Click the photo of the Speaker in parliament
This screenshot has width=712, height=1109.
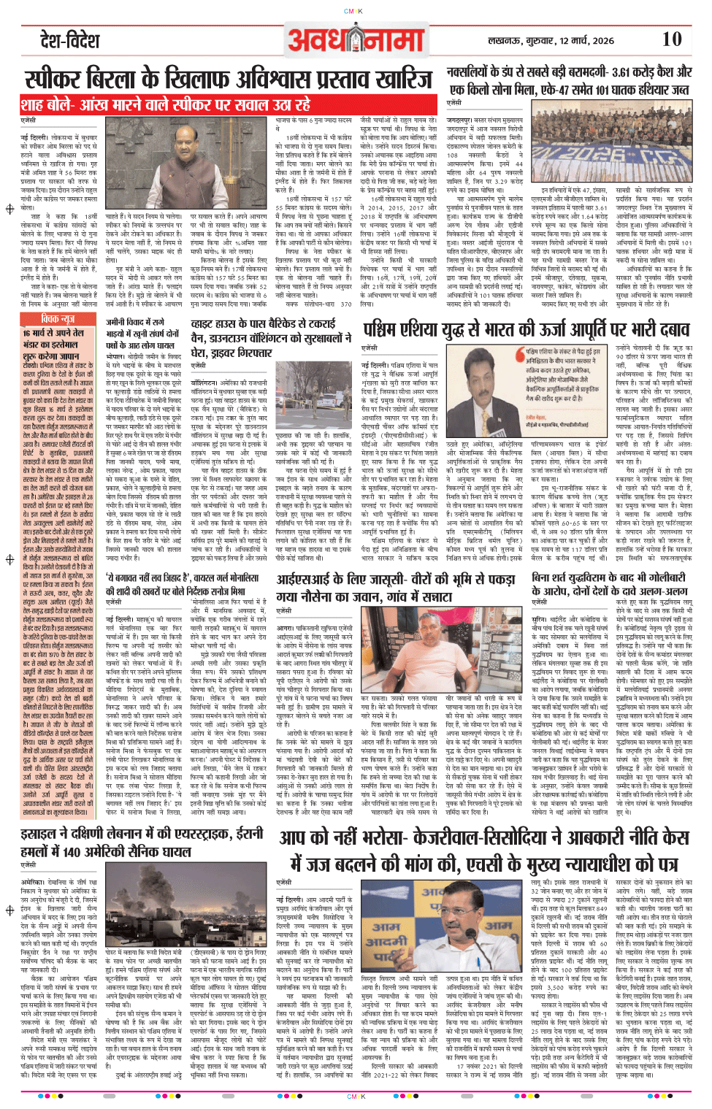[x=229, y=164]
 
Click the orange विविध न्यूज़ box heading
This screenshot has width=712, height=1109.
[x=58, y=319]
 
